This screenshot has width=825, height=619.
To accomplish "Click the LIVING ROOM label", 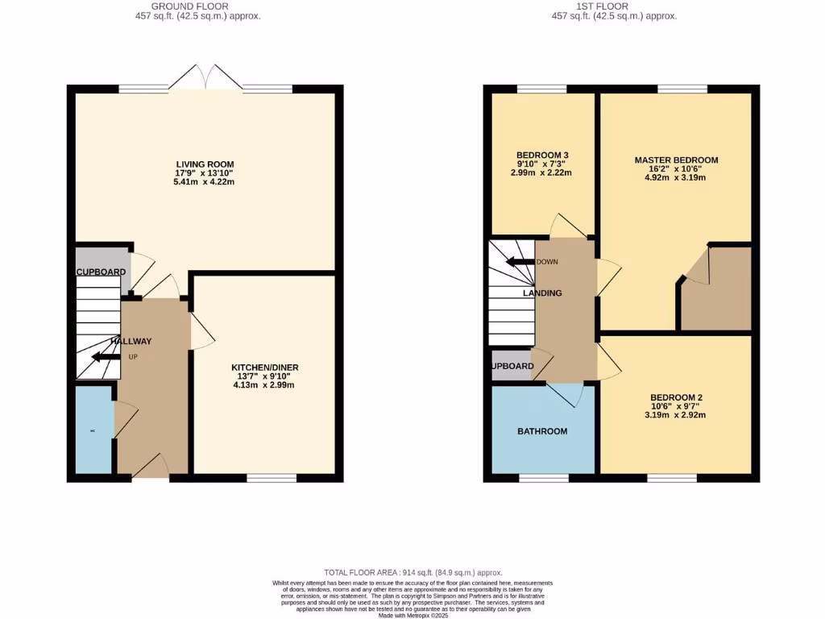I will pyautogui.click(x=205, y=164).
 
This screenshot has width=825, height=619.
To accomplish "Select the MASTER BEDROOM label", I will pyautogui.click(x=676, y=160).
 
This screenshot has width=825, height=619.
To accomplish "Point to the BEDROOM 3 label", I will pyautogui.click(x=543, y=155).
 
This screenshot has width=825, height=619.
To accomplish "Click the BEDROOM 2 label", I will pyautogui.click(x=676, y=397).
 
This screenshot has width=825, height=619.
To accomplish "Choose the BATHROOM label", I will pyautogui.click(x=542, y=431).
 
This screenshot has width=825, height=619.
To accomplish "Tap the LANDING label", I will pyautogui.click(x=542, y=293).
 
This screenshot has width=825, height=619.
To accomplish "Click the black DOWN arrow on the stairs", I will pyautogui.click(x=520, y=261).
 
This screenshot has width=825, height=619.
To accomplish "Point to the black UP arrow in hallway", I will pyautogui.click(x=106, y=357).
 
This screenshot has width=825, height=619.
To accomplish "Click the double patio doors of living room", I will pyautogui.click(x=206, y=79).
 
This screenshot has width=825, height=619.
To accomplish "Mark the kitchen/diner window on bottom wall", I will pyautogui.click(x=272, y=479).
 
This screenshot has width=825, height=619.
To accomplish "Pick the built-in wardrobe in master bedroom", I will pyautogui.click(x=715, y=288).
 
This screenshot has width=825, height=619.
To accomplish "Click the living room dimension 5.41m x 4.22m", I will pyautogui.click(x=205, y=182).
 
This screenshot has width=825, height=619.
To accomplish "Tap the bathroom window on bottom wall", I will pyautogui.click(x=544, y=479).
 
